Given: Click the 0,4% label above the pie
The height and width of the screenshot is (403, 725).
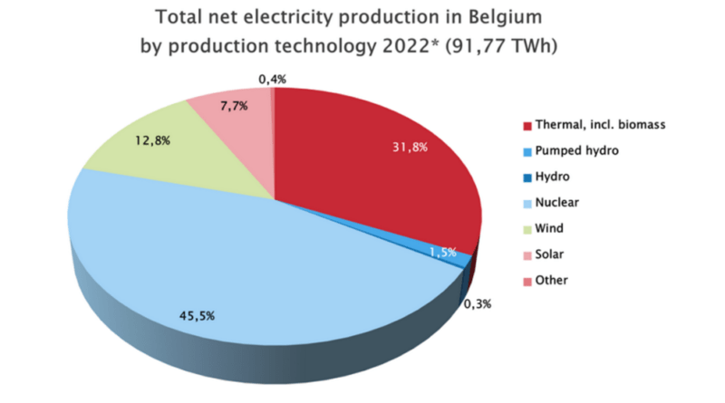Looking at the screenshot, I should [272, 80].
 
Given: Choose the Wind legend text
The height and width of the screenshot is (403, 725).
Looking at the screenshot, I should [550, 228].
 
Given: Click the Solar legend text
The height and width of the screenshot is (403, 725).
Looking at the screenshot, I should [551, 254].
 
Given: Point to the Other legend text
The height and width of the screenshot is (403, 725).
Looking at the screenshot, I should [552, 280].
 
